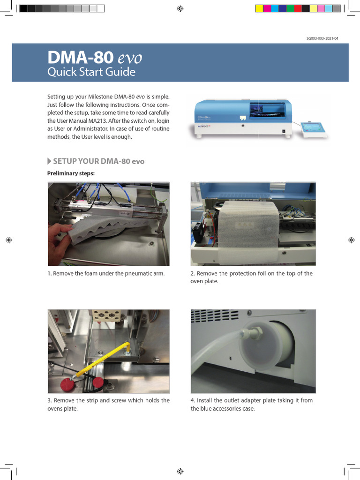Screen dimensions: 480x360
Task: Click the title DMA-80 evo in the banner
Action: pos(95,58)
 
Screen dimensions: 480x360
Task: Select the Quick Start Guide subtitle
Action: pos(91,72)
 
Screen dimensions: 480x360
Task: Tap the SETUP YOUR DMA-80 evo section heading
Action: pos(98,161)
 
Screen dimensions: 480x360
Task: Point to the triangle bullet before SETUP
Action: pos(50,161)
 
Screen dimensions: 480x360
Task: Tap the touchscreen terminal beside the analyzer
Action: pos(314,128)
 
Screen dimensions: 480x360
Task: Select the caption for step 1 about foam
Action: pos(106,273)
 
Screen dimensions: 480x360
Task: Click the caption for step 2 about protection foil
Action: pos(251,277)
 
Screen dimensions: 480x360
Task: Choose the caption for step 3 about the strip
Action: pos(108,404)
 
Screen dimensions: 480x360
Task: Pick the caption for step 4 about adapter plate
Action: pos(251,404)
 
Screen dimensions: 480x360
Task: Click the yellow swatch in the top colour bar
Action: pos(259,8)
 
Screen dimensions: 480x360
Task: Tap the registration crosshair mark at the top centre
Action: pos(180,8)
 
